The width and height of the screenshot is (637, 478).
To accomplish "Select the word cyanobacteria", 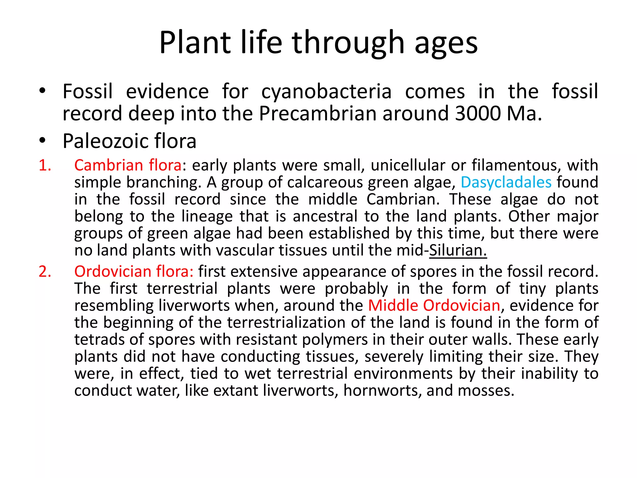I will (326, 92).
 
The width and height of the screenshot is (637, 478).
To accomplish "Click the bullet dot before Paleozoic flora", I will (42, 141).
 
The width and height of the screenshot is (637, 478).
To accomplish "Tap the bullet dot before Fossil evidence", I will (42, 91).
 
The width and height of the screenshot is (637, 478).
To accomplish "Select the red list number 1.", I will (45, 165).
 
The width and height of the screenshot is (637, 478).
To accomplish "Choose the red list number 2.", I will (45, 272).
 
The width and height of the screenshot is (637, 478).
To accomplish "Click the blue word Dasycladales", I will (506, 183).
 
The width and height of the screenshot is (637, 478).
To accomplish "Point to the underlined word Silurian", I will (458, 251).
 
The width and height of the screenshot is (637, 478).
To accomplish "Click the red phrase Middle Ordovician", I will (434, 306).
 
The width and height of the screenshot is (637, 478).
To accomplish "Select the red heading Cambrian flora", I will (128, 165).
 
